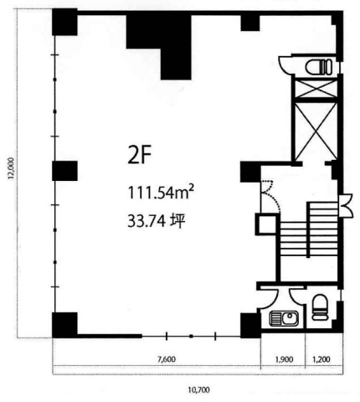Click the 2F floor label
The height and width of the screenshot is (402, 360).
pos(140,156)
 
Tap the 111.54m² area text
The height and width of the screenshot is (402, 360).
pos(161,192)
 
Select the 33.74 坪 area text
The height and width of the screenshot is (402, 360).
pos(157,222)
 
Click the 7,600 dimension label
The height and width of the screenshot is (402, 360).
pos(167,359)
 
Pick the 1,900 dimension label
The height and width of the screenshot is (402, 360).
pos(285,359)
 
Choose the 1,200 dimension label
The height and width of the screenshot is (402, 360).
pos(321,359)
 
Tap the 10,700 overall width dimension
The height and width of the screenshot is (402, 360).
pos(199,389)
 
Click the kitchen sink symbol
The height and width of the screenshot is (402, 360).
pos(284,319)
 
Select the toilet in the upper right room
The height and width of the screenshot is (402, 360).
pos(319,67)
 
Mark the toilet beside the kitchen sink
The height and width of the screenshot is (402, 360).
pos(320,307)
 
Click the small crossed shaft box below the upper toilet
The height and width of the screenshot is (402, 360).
pos(316,89)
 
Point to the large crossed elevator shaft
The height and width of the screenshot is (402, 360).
pos(316,131)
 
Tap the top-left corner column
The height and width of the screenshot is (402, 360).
pos(64,22)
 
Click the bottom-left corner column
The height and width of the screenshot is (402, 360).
pos(64,325)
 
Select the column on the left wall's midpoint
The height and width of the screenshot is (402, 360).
pos(64,171)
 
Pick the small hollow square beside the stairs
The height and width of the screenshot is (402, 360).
pos(266,224)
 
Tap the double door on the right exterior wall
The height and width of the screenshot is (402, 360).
pos(347,205)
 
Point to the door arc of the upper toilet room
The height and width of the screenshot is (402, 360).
pos(284,64)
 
